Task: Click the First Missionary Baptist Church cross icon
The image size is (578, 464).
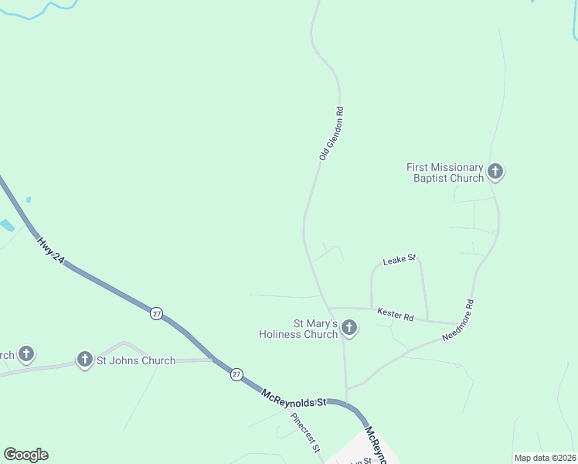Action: tap(495, 172)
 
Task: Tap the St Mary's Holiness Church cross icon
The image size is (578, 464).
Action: tap(349, 328)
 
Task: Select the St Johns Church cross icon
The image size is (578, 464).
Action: tap(85, 359)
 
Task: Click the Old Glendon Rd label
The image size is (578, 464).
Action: tap(331, 134)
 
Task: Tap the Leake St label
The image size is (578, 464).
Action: tap(400, 258)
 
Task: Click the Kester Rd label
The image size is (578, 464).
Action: tap(396, 314)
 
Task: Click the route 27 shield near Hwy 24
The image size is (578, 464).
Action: tap(157, 314)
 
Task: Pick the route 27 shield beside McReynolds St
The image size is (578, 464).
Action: tap(236, 374)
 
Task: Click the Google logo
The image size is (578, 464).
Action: tap(25, 455)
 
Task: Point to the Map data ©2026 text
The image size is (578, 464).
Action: tap(546, 458)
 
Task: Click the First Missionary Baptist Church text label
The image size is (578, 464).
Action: tap(445, 172)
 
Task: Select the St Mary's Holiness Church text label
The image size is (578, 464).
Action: tap(300, 329)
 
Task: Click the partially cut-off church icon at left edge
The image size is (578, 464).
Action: tap(26, 354)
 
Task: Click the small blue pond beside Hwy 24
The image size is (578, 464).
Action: tap(6, 225)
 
